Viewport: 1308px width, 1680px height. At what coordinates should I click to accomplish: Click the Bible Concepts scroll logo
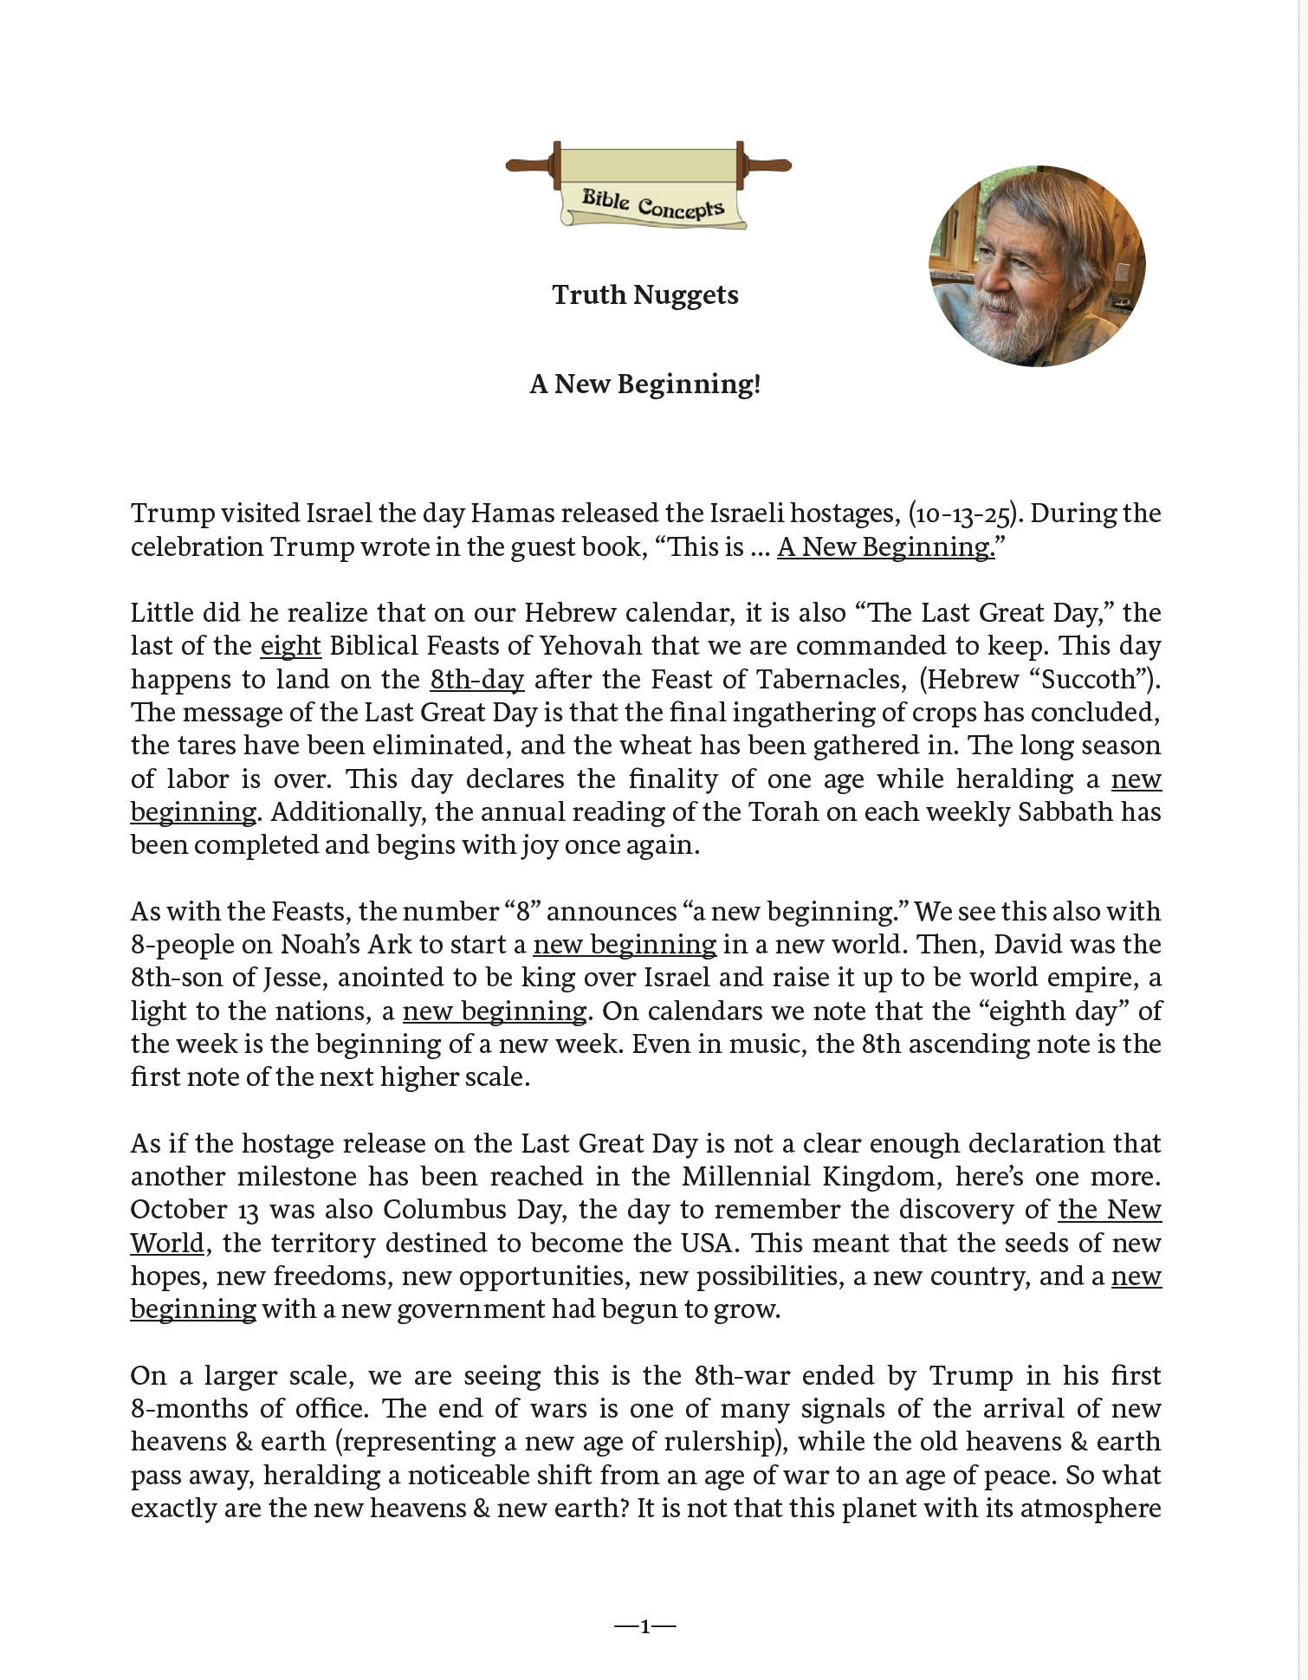coord(649,185)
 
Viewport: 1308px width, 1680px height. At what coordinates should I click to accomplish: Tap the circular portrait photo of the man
coord(1037,266)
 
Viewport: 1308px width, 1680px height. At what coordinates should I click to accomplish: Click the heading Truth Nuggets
coord(645,295)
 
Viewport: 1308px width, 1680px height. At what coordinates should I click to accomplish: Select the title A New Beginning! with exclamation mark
coord(645,384)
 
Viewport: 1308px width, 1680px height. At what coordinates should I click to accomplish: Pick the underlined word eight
coord(291,646)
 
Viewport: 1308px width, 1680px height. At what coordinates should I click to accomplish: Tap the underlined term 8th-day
coord(477,679)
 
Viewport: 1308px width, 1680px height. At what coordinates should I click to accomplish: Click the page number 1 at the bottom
coord(645,1627)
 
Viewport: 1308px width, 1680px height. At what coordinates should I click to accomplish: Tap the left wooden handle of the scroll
coord(530,165)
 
